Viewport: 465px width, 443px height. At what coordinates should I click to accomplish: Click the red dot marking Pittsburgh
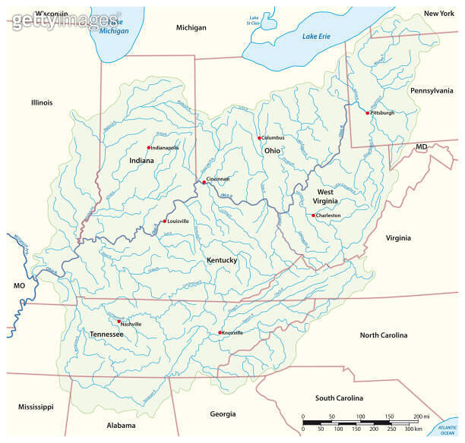tap(368, 113)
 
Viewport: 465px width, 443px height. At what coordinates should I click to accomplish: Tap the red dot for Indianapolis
tap(149, 147)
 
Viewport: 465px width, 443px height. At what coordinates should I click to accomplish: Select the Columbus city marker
tap(260, 138)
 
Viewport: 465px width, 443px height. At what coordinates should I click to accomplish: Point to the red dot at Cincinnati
tap(204, 182)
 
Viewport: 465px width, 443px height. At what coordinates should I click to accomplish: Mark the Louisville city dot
tap(165, 221)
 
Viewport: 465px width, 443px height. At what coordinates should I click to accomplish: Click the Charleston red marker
tap(314, 215)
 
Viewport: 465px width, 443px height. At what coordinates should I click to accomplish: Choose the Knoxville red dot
tap(220, 333)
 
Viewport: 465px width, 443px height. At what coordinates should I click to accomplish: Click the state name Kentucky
tap(222, 260)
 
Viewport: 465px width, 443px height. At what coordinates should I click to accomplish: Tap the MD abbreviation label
tap(422, 146)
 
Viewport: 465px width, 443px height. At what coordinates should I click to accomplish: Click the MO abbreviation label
tap(19, 286)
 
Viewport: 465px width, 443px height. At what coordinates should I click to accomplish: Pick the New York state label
tap(438, 14)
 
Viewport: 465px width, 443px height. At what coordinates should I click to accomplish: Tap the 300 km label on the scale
tap(413, 430)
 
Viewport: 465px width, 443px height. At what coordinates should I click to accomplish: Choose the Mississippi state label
tap(36, 407)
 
